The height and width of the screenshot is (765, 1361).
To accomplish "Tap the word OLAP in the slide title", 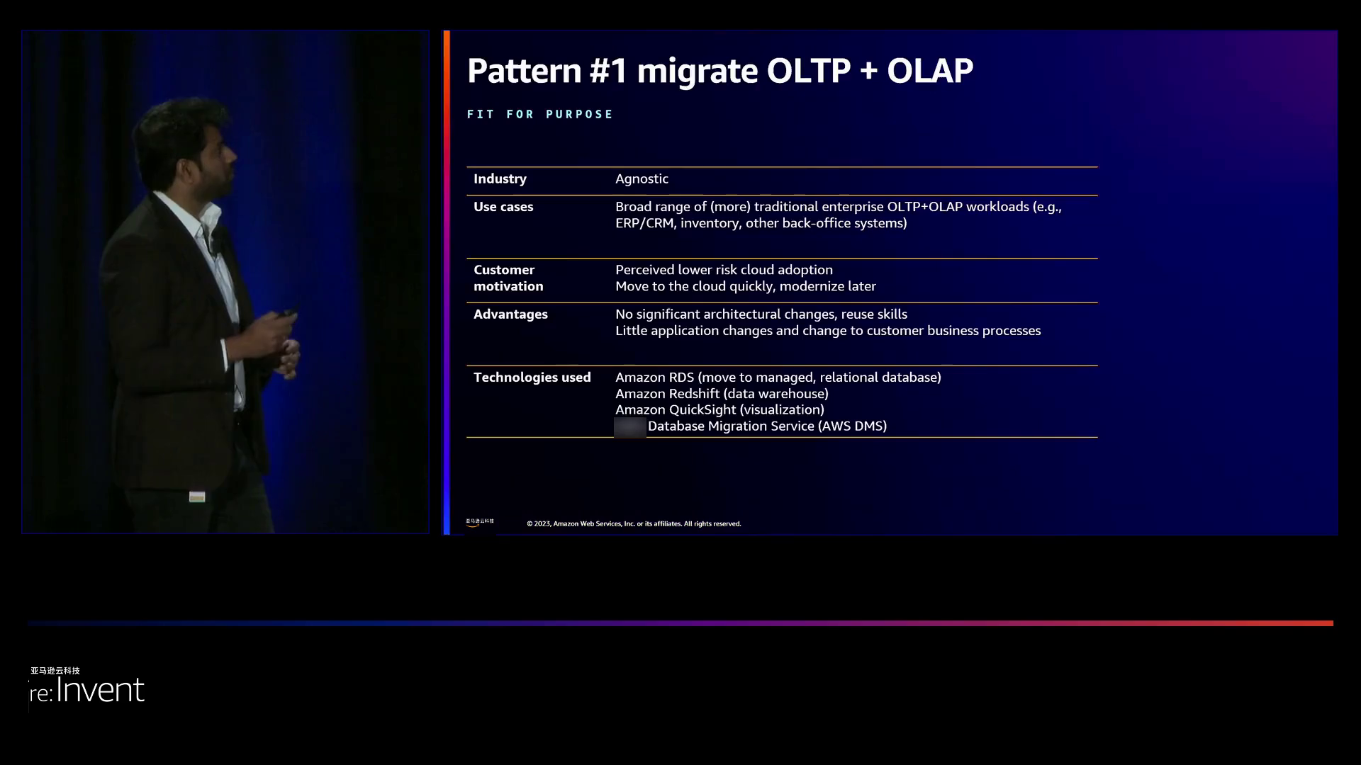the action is [930, 71].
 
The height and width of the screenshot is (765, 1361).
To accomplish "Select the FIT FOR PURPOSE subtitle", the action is [540, 114].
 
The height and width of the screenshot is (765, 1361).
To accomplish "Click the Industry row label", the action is [500, 178].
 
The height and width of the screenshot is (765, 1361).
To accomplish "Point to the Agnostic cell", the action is [642, 179].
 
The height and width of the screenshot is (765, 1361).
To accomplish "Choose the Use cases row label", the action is [503, 207].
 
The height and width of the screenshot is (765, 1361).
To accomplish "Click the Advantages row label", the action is [510, 314].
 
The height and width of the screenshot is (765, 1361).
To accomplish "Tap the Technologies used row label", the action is [532, 378].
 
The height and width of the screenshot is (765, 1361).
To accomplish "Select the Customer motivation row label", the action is [508, 278].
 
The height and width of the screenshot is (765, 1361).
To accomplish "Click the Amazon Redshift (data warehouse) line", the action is [722, 394].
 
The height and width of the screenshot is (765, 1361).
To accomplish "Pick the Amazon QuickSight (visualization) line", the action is [719, 410].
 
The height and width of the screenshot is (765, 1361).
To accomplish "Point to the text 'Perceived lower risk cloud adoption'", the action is [724, 270].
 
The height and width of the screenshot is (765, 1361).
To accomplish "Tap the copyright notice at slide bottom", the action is [634, 524].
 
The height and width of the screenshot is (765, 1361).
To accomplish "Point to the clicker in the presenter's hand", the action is [288, 312].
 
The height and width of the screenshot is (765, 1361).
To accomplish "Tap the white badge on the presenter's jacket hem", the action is [197, 497].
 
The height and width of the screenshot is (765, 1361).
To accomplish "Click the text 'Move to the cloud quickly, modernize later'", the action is [746, 286].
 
